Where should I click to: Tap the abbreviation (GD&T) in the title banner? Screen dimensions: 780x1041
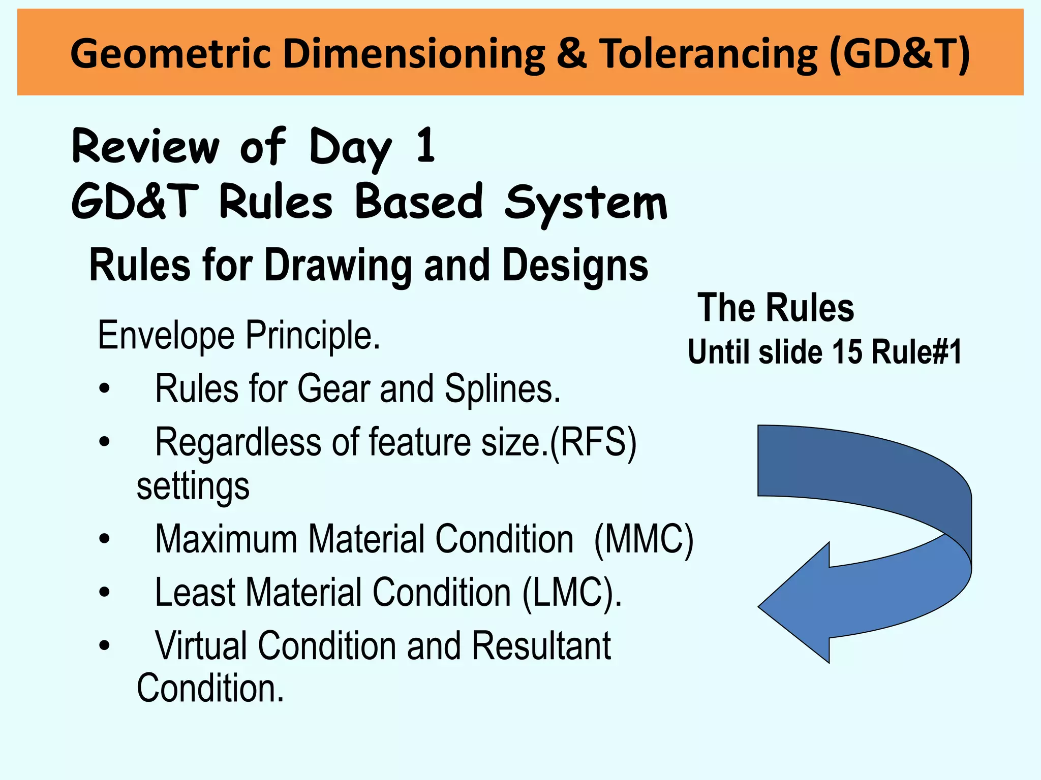tap(899, 54)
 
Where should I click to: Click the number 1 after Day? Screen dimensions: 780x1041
tap(425, 146)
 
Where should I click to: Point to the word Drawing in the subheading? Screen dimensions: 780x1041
tap(338, 266)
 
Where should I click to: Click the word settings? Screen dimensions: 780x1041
tap(193, 486)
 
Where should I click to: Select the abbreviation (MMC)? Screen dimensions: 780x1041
tap(644, 539)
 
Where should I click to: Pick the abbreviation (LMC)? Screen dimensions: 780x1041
tap(572, 593)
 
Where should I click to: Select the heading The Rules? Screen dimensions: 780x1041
tap(776, 308)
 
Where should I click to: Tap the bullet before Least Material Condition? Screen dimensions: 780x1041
tap(105, 592)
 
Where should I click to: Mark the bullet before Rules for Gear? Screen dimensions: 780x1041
tap(105, 389)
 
